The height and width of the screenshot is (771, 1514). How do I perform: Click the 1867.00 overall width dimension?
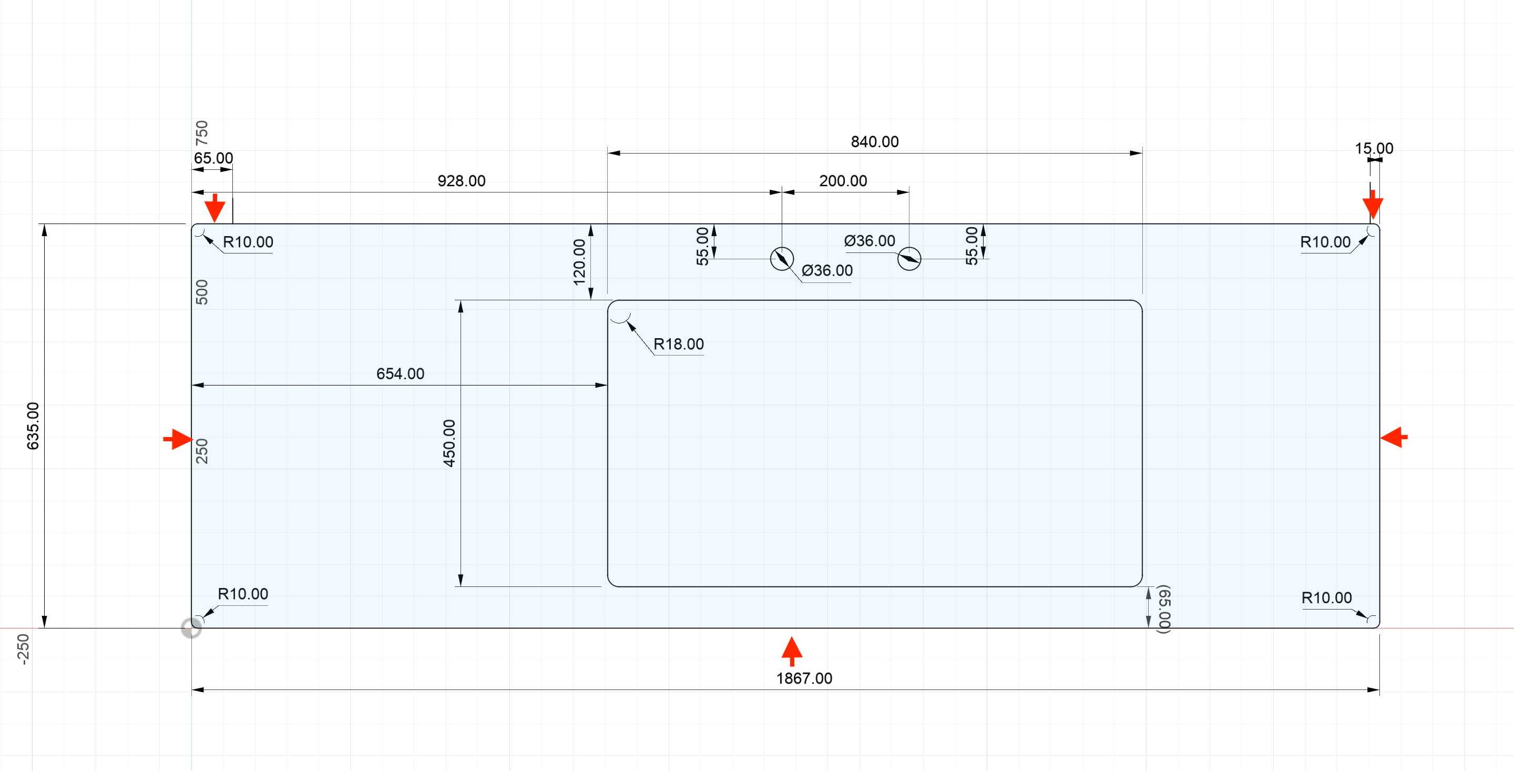tap(803, 678)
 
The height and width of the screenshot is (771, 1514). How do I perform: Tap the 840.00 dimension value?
tap(875, 141)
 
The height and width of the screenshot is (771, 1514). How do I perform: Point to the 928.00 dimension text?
tap(462, 180)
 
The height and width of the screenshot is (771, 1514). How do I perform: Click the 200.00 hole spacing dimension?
tap(843, 180)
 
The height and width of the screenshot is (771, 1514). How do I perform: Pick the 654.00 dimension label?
tap(400, 373)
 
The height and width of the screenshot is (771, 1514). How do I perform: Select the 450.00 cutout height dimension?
tap(449, 443)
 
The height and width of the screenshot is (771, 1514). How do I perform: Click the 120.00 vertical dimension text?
tap(579, 262)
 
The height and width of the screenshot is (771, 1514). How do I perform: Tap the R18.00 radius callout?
tap(678, 344)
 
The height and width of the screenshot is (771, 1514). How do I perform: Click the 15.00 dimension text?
tap(1374, 148)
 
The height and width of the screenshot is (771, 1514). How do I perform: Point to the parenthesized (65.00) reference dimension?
tap(1164, 608)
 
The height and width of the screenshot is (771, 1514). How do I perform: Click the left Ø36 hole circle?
tap(782, 259)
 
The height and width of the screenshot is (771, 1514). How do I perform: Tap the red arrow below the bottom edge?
tap(792, 651)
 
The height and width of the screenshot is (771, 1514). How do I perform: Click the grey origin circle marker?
tap(191, 627)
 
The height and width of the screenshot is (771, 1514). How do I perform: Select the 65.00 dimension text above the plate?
tap(213, 158)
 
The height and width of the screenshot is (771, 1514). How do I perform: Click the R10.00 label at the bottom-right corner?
tap(1326, 597)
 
